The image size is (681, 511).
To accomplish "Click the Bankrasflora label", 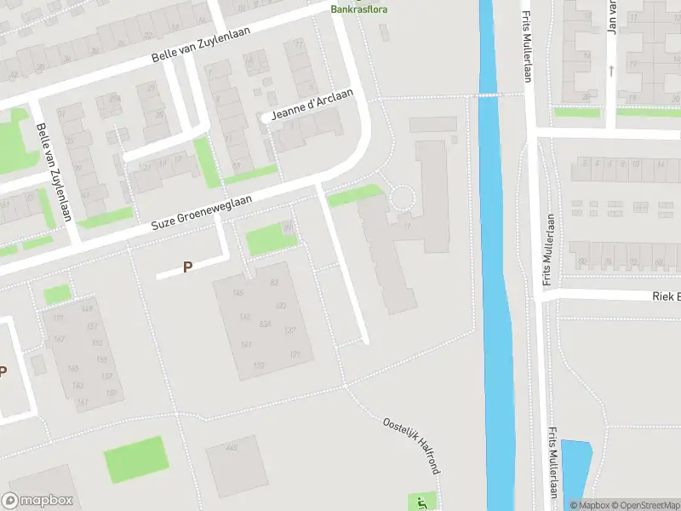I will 358,9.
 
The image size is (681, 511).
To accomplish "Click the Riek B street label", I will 666,296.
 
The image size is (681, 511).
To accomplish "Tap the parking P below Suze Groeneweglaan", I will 188,267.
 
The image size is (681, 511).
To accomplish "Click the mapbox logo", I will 37,501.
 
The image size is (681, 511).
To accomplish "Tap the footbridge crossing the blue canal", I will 487,95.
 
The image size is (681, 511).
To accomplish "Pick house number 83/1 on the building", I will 265,324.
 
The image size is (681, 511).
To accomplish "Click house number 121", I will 295,354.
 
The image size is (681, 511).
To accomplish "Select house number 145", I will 237,293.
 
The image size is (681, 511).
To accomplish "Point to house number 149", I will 88,308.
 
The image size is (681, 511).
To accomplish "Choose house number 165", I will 73,369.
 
